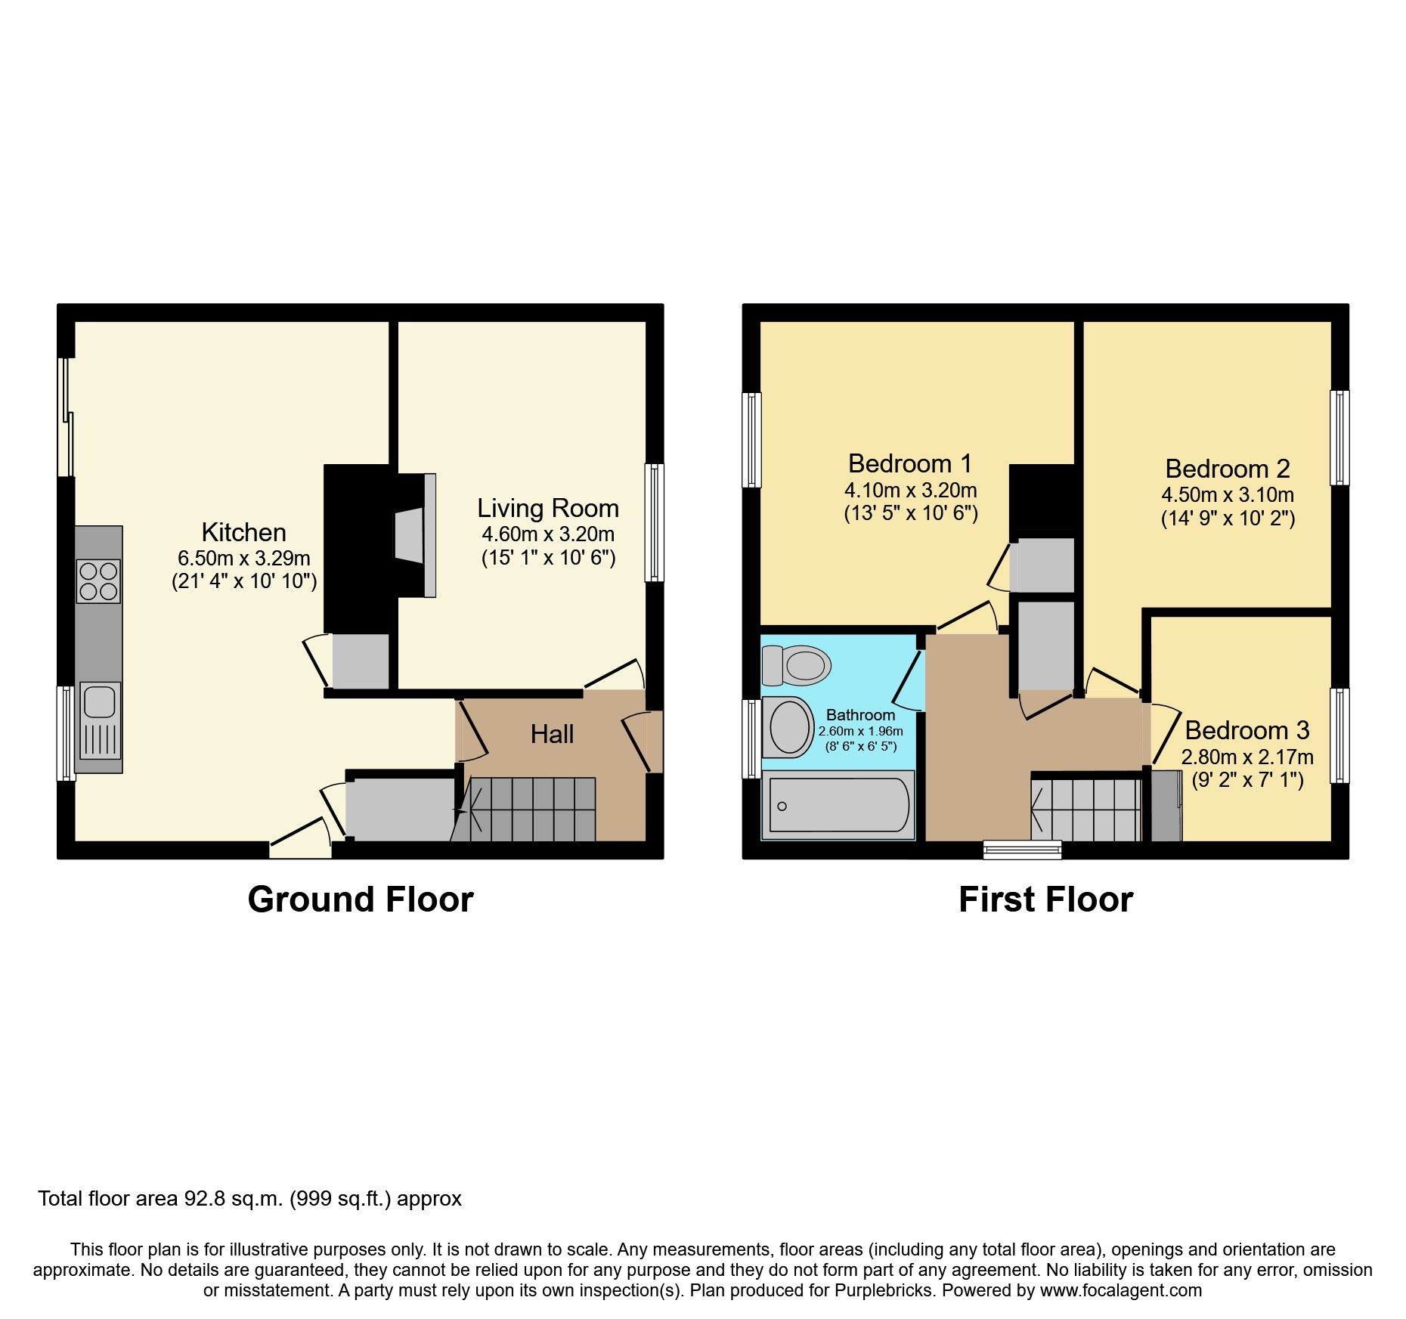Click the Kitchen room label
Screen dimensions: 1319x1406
tap(243, 532)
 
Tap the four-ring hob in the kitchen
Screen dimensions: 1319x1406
tap(98, 581)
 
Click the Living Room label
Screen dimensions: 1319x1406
tap(548, 508)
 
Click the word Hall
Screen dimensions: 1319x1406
tap(552, 734)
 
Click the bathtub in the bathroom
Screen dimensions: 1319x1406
tap(838, 806)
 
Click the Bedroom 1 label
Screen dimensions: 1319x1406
tap(910, 463)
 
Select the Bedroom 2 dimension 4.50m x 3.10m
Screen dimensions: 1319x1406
tap(1228, 495)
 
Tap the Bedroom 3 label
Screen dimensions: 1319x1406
tap(1247, 730)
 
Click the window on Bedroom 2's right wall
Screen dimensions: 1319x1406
tap(1339, 438)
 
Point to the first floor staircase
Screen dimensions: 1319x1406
tap(1087, 810)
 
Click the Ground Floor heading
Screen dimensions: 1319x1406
tap(361, 899)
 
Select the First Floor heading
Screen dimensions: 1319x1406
tap(1045, 899)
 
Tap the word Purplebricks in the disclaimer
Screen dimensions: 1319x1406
tap(883, 1290)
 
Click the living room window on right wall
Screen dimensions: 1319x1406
tap(654, 522)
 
